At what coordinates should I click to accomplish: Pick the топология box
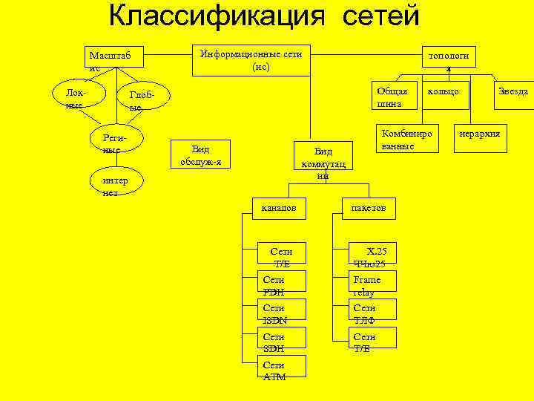click(x=449, y=59)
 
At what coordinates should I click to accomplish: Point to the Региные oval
click(x=116, y=143)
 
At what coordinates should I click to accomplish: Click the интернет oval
click(x=116, y=186)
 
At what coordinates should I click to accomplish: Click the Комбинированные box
click(x=406, y=139)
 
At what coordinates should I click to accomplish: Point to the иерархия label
click(x=480, y=134)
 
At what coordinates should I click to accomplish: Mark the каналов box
click(x=278, y=209)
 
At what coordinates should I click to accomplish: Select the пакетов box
click(x=369, y=209)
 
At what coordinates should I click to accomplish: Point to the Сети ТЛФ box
click(x=374, y=313)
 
